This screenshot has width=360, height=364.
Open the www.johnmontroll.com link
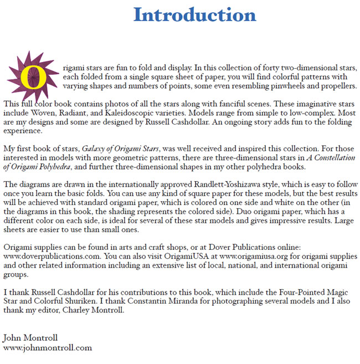(47, 347)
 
